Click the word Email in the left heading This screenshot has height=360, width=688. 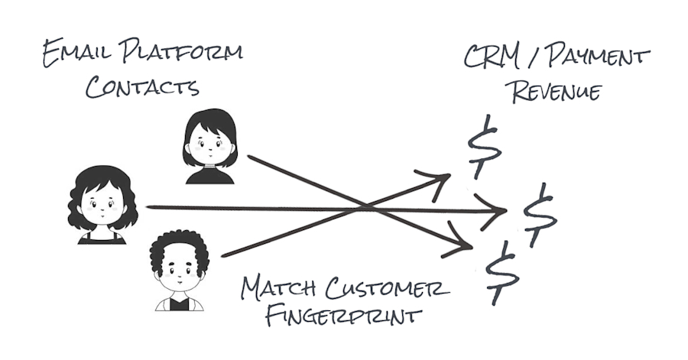(73, 55)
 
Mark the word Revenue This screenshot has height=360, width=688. (556, 92)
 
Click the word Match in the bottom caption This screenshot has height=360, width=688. (282, 289)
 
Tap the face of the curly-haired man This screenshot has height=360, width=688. (180, 272)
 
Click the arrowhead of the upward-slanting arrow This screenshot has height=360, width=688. (443, 179)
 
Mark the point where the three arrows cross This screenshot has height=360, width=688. (365, 207)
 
